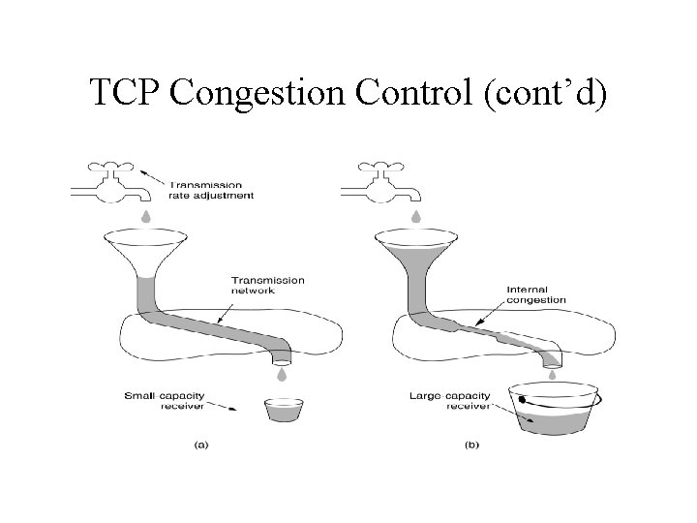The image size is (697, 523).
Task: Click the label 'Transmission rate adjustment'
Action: coord(211,190)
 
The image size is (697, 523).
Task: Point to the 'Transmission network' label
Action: coord(268,286)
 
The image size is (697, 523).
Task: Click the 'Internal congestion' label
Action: coord(535,294)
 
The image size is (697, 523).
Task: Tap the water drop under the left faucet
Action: coord(146,215)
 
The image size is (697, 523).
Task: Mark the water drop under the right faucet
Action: coord(415,215)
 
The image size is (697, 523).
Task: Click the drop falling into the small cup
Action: coord(282,374)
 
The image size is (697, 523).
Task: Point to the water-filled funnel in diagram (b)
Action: coord(414,249)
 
